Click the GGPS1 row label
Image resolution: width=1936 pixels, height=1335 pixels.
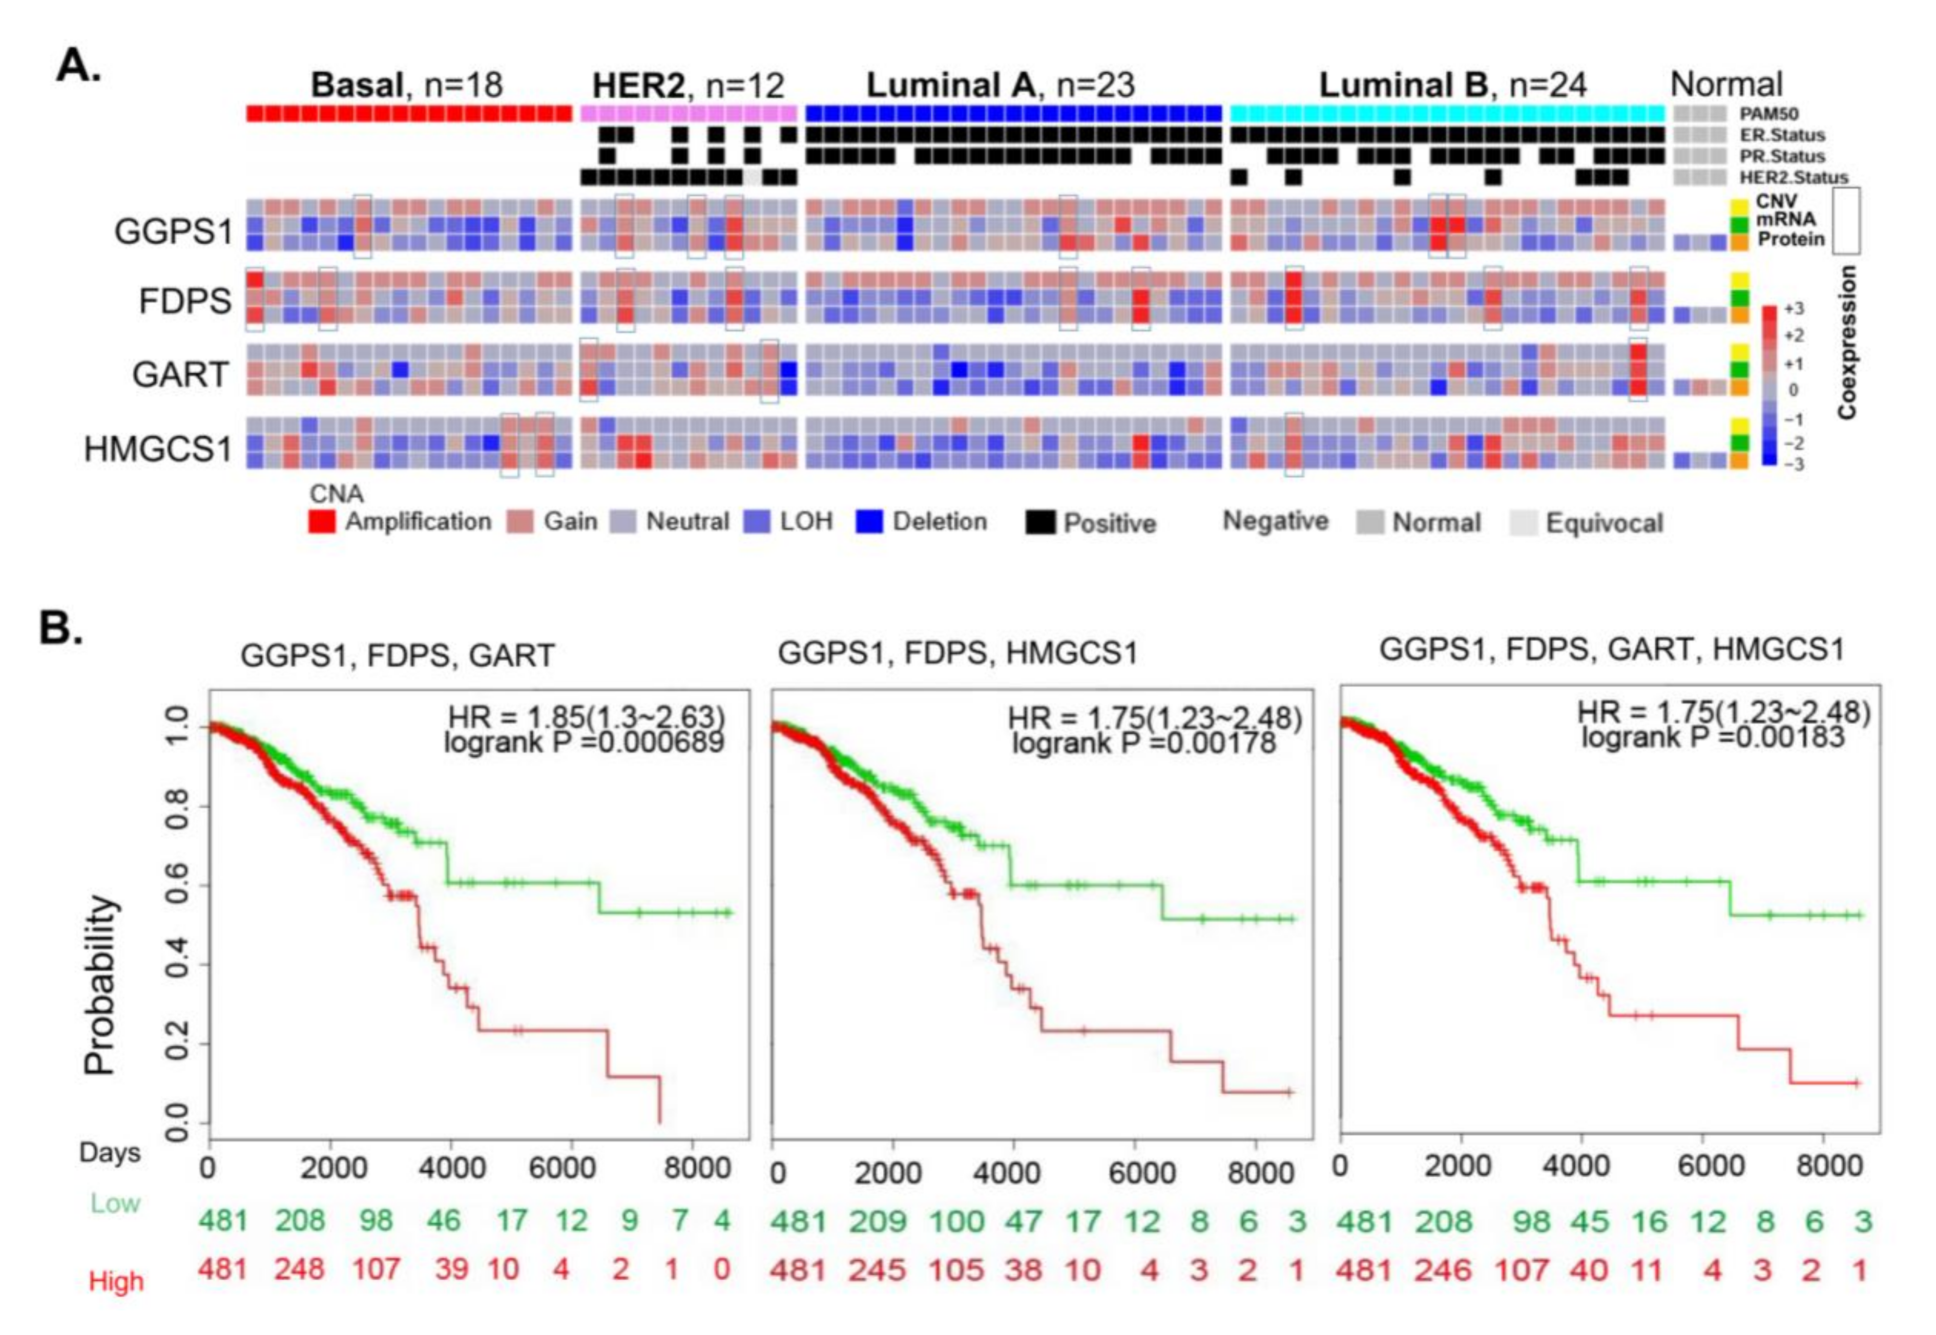pos(173,231)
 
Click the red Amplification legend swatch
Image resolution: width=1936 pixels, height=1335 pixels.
pos(322,522)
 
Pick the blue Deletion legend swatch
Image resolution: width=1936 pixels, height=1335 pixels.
pos(870,522)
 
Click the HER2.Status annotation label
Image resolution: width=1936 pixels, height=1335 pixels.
pos(1794,177)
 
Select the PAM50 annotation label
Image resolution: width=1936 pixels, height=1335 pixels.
pos(1768,114)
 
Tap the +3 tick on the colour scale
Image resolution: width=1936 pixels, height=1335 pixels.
pos(1794,309)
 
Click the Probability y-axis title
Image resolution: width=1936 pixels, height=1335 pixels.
pos(99,985)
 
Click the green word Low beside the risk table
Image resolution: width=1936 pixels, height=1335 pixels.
pos(115,1204)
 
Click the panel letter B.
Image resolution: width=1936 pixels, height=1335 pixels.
pos(60,627)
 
